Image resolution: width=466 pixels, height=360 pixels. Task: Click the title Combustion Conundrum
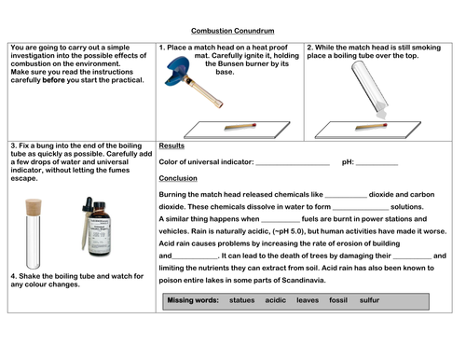[232, 31]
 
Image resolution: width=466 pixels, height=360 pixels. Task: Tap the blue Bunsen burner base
[177, 72]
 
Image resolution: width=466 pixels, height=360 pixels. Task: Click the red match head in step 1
[254, 125]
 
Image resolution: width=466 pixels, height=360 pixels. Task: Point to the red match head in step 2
[385, 125]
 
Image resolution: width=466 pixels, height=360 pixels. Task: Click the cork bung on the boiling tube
[34, 207]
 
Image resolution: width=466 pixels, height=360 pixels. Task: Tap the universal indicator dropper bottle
[96, 227]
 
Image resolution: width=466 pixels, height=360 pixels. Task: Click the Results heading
[171, 145]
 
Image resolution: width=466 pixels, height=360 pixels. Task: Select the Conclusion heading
[178, 178]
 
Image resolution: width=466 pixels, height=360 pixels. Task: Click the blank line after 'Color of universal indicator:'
[293, 165]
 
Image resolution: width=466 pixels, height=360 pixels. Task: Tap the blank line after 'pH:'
[377, 165]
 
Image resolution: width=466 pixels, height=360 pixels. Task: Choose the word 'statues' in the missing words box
[241, 300]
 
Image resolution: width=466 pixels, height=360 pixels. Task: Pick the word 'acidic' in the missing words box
[276, 300]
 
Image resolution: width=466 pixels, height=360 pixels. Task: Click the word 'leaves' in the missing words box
[308, 300]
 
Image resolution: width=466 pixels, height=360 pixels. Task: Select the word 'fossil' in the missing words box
[338, 300]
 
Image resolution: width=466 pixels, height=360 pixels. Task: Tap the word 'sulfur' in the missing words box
[369, 300]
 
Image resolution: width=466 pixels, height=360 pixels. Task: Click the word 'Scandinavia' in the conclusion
[303, 280]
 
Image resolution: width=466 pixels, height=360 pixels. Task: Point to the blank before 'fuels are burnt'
[281, 222]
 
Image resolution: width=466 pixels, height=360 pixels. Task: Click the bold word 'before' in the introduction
[53, 80]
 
